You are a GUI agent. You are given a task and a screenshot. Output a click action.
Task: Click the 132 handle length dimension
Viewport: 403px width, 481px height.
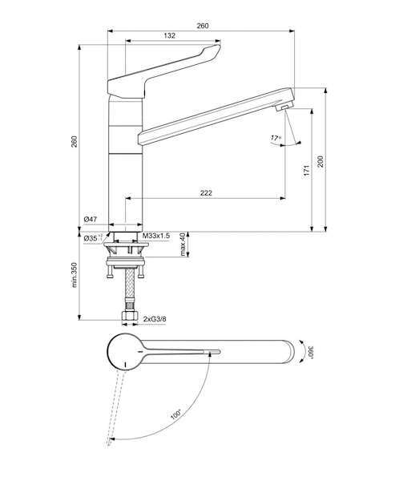click(x=170, y=35)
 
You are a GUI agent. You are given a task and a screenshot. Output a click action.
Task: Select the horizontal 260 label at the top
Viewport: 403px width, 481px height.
click(x=203, y=26)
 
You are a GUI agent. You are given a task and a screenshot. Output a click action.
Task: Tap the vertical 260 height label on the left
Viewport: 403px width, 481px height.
click(x=75, y=141)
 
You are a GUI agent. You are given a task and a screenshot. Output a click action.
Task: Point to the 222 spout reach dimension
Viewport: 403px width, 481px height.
click(x=206, y=193)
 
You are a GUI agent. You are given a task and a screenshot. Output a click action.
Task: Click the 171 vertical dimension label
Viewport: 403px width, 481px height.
click(x=307, y=170)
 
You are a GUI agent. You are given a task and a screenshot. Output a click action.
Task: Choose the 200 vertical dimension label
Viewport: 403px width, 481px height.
click(x=320, y=161)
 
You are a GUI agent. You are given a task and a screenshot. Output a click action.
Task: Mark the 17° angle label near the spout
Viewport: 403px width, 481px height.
click(x=276, y=139)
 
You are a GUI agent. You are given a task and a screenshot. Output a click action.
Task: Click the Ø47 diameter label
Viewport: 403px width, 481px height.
click(x=91, y=219)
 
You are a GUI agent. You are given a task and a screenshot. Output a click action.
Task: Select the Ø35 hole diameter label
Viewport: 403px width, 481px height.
click(x=93, y=238)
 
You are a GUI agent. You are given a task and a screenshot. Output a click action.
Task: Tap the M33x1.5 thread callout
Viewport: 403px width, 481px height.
click(x=156, y=236)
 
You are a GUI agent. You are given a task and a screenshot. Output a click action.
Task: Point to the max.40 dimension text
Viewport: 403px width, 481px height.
click(x=183, y=245)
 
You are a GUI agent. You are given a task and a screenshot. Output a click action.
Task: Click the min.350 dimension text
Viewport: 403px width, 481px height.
click(x=75, y=275)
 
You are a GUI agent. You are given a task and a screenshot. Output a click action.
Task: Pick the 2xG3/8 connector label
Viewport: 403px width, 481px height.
click(x=155, y=319)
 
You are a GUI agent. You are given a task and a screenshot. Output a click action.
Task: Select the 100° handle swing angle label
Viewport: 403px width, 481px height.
click(x=176, y=414)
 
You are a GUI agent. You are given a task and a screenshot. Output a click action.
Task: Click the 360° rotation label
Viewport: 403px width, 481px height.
click(x=311, y=352)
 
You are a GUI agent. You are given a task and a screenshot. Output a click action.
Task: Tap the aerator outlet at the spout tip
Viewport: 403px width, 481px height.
click(x=284, y=107)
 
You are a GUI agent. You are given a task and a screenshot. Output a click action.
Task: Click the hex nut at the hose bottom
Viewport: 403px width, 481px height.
click(x=131, y=317)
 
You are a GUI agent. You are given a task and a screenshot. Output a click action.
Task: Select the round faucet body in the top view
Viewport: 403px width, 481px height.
click(x=125, y=352)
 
